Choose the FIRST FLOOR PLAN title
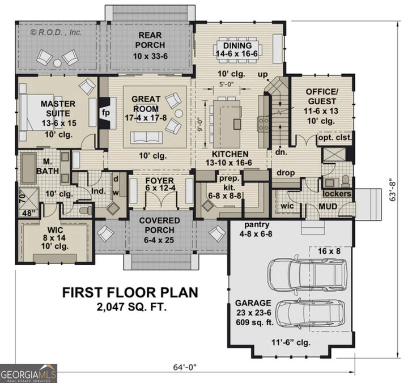[x=130, y=292]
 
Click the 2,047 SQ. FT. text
[x=130, y=307]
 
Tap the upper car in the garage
[x=308, y=273]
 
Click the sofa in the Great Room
[x=146, y=137]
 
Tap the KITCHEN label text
[x=230, y=154]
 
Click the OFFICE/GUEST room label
[x=322, y=97]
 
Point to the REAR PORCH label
[x=150, y=40]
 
